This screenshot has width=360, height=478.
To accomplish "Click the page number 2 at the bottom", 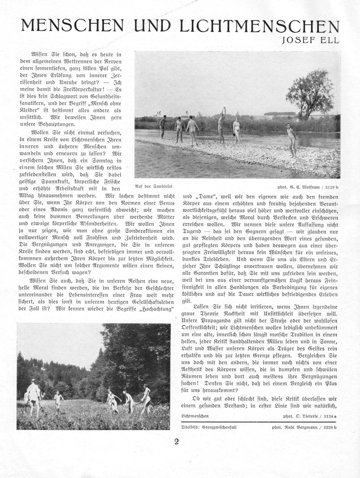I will pos(177,442).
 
